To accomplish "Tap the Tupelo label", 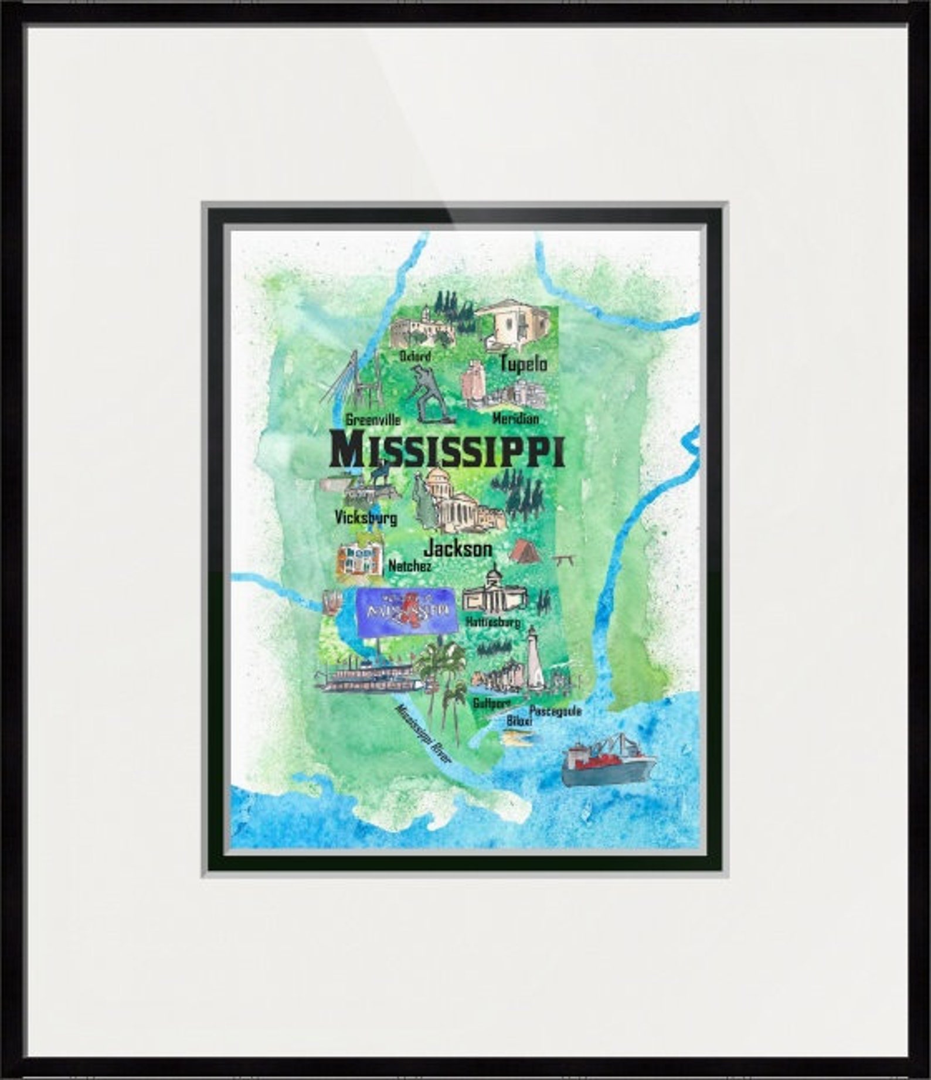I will tap(523, 364).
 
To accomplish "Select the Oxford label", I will tap(415, 356).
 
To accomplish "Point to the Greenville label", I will tap(373, 420).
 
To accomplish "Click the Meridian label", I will tap(515, 419).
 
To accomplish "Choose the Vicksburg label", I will tap(366, 517).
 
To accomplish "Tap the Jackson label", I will tap(457, 549).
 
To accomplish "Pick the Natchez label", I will tap(410, 566).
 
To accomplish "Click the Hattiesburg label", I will tap(492, 623).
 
